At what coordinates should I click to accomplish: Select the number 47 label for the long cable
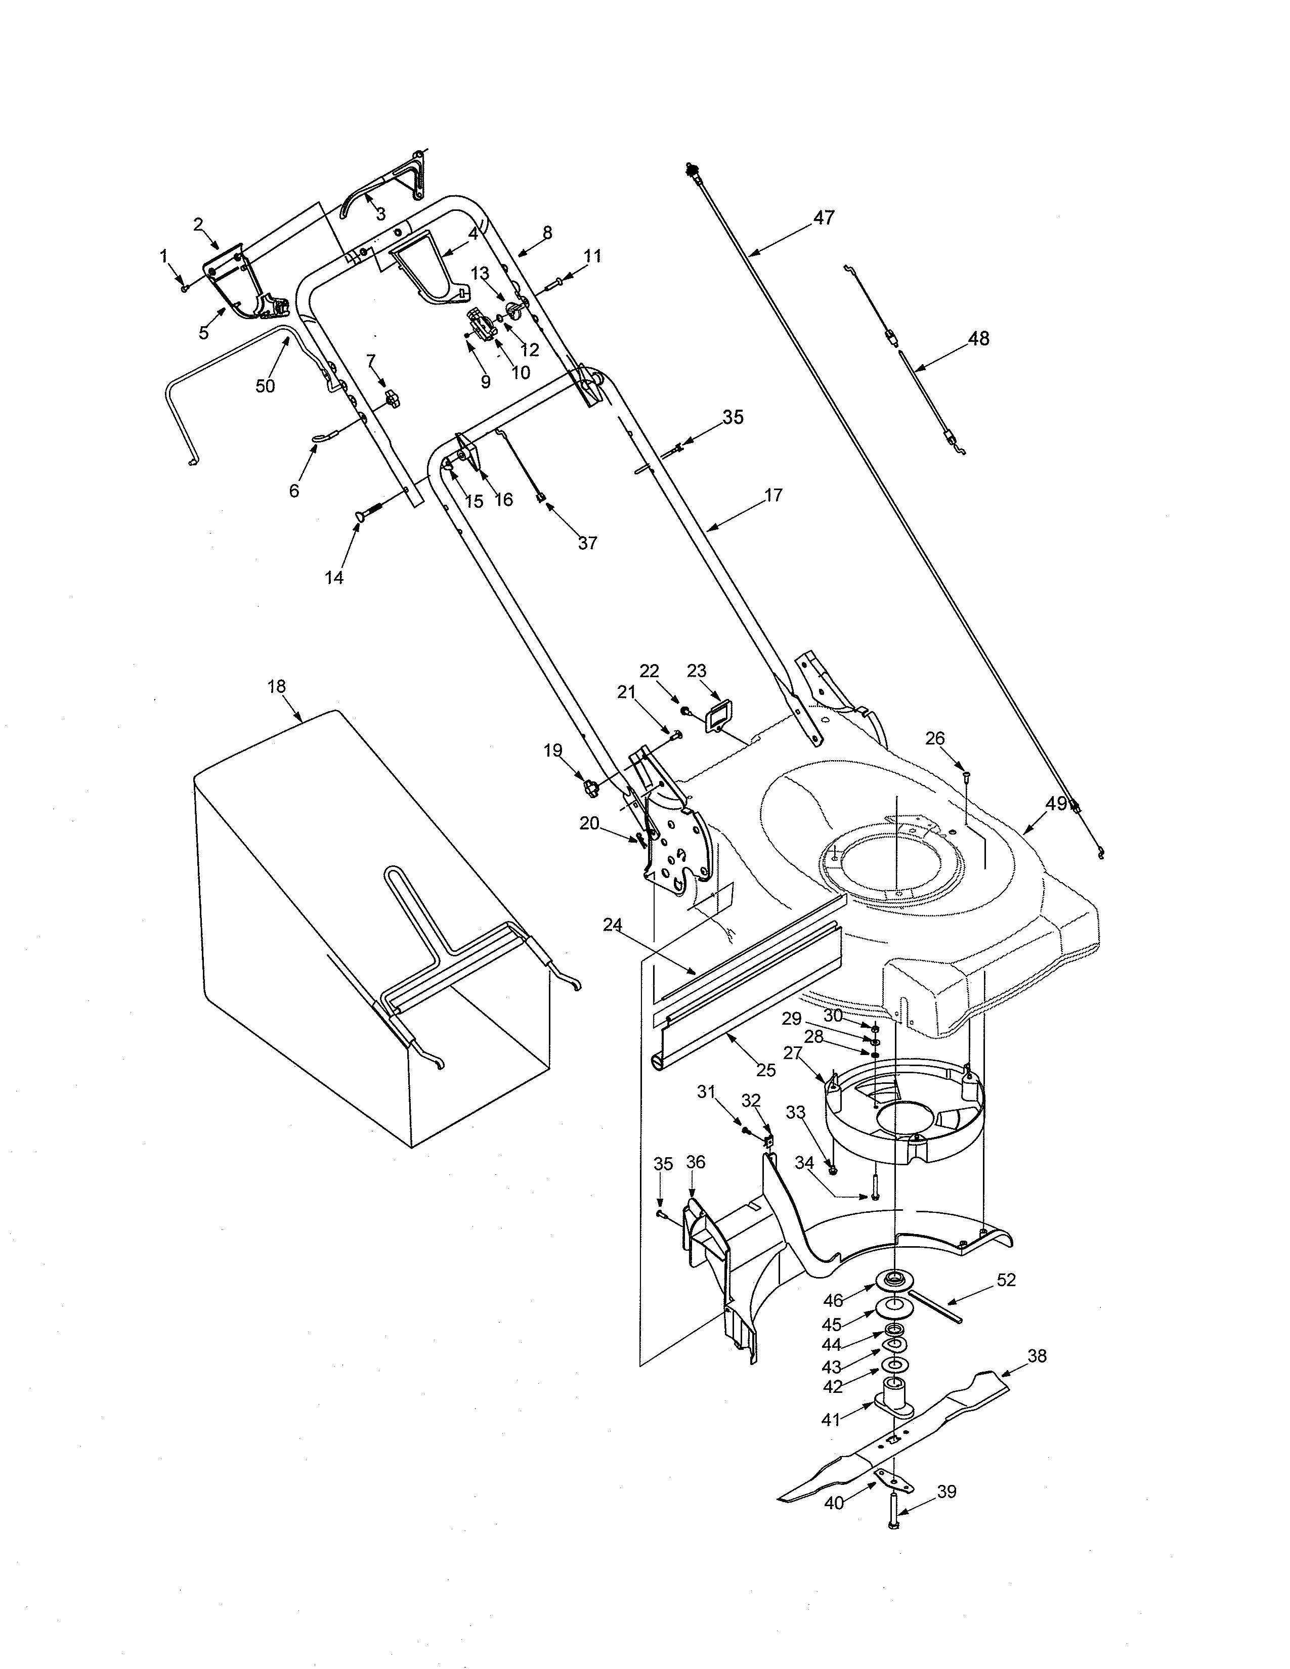click(823, 218)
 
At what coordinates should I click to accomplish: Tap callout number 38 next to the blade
click(1037, 1378)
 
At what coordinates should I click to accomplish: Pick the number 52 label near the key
click(1007, 1281)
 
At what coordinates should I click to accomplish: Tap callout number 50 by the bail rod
click(265, 386)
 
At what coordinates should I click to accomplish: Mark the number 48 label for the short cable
click(978, 338)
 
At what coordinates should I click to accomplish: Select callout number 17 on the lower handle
click(773, 495)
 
